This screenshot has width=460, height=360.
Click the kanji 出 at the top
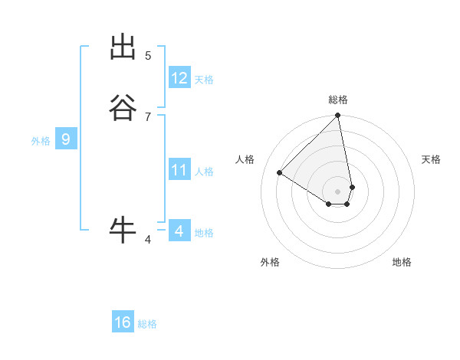point(123,48)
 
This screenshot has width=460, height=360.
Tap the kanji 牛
point(123,229)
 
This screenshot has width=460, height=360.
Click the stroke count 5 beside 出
point(148,56)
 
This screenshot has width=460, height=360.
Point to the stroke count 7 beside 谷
point(148,116)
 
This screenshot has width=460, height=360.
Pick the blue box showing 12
point(179,78)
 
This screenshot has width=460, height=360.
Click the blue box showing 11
point(179,170)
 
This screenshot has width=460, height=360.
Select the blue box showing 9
point(66,139)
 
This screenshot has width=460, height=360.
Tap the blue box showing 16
point(123,322)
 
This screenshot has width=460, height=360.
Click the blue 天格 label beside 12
point(204,80)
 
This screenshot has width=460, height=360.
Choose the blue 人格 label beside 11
point(204,172)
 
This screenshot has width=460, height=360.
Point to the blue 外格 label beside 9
point(41,141)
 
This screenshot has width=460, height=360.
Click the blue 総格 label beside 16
point(147,324)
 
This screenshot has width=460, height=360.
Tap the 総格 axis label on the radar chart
point(338,100)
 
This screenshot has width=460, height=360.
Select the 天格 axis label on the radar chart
point(431,159)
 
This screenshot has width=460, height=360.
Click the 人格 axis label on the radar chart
point(245,159)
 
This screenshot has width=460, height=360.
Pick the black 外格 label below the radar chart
point(270,263)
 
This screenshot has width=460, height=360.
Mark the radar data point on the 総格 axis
point(338,116)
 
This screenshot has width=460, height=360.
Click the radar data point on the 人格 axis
point(280,173)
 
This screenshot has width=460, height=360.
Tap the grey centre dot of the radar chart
point(338,191)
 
